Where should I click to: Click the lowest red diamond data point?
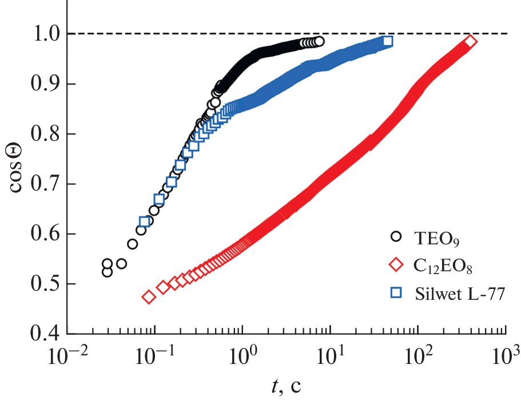(149, 297)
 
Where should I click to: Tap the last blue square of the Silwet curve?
(387, 41)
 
